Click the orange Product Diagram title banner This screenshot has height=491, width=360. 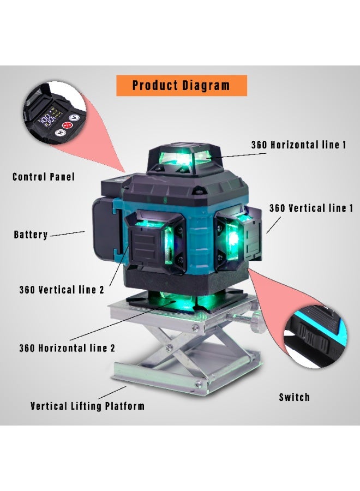[x=181, y=86]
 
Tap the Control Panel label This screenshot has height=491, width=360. [x=44, y=177]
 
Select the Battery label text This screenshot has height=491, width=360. [x=31, y=235]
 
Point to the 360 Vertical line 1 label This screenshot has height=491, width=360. [x=311, y=208]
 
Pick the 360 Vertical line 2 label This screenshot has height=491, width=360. [x=61, y=290]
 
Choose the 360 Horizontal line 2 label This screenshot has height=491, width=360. [x=67, y=347]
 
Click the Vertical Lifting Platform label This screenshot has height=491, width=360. [x=87, y=406]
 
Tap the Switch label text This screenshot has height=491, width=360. [x=294, y=397]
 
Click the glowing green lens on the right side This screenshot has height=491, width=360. [x=233, y=238]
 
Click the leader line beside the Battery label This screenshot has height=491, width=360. [x=67, y=233]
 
